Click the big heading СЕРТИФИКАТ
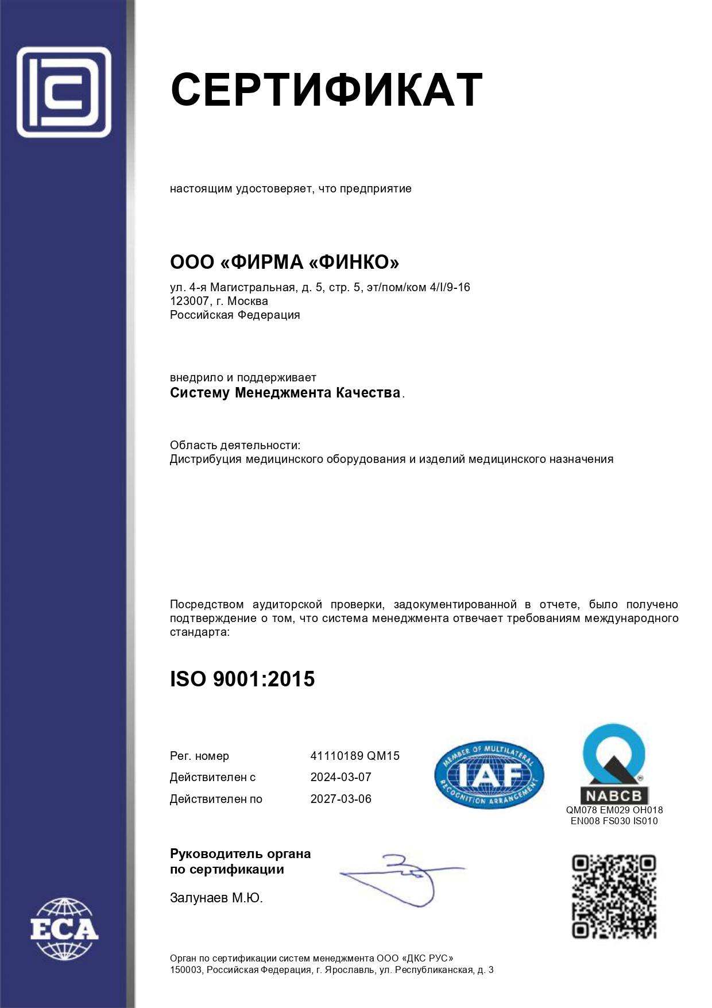point(326,90)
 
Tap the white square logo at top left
point(64,92)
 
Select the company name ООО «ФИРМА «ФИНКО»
point(284,262)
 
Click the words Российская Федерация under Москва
point(235,315)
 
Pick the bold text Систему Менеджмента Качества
point(285,393)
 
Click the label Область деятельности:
point(235,445)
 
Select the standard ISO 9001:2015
point(242,679)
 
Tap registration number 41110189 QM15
point(354,756)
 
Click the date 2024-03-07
point(340,777)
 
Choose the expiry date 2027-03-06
point(340,799)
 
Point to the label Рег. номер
point(199,756)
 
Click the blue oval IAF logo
point(489,774)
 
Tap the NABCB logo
point(614,763)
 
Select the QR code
point(614,897)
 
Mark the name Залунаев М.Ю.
point(216,898)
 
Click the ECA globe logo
point(64,929)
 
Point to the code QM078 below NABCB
point(582,810)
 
